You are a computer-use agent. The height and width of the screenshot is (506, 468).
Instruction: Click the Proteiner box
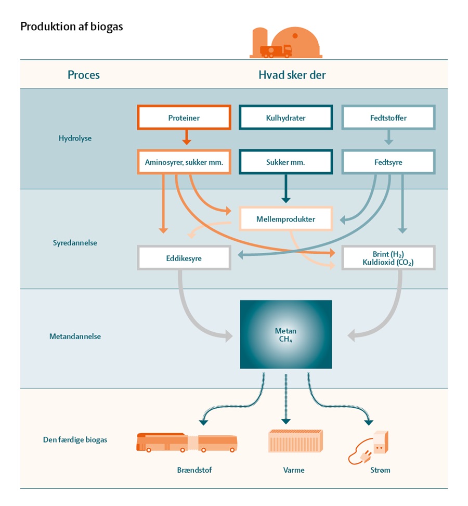(x=184, y=118)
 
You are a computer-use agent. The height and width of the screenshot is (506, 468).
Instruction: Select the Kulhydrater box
(x=285, y=118)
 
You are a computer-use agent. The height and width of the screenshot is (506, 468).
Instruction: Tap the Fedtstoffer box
(x=388, y=118)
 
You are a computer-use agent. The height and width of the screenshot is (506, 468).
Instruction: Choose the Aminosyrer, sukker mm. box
(x=184, y=162)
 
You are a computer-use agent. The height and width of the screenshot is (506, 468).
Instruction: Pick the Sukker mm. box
(x=285, y=162)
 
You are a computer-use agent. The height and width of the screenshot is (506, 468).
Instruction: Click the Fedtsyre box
(x=388, y=162)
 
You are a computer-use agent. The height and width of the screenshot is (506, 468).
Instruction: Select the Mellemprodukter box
(x=285, y=219)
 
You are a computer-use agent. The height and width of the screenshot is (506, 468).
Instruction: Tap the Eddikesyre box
(x=184, y=257)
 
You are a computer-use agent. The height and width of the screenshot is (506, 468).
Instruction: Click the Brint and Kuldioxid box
(x=388, y=257)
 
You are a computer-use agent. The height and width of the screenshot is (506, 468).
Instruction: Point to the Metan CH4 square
(x=285, y=334)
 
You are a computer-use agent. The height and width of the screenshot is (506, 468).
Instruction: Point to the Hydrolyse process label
(x=75, y=139)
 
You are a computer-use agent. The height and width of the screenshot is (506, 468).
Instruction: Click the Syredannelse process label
(x=75, y=242)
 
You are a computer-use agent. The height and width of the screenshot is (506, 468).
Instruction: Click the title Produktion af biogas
(x=72, y=26)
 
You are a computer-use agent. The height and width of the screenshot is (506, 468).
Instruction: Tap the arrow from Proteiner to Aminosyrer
(x=187, y=138)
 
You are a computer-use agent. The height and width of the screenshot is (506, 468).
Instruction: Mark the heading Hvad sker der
(x=292, y=75)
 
